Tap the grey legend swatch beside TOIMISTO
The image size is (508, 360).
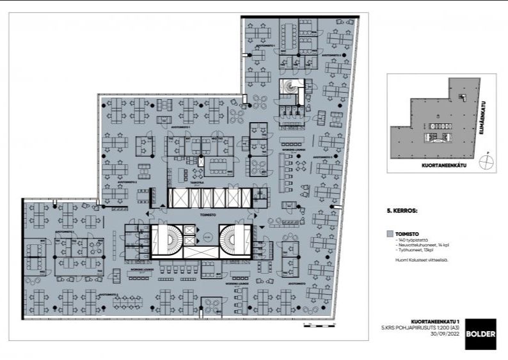[x=390, y=234]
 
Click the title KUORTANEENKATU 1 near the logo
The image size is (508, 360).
[x=434, y=322]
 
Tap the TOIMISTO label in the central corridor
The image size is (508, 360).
[x=207, y=215]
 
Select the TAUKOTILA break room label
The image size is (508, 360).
[x=197, y=182]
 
